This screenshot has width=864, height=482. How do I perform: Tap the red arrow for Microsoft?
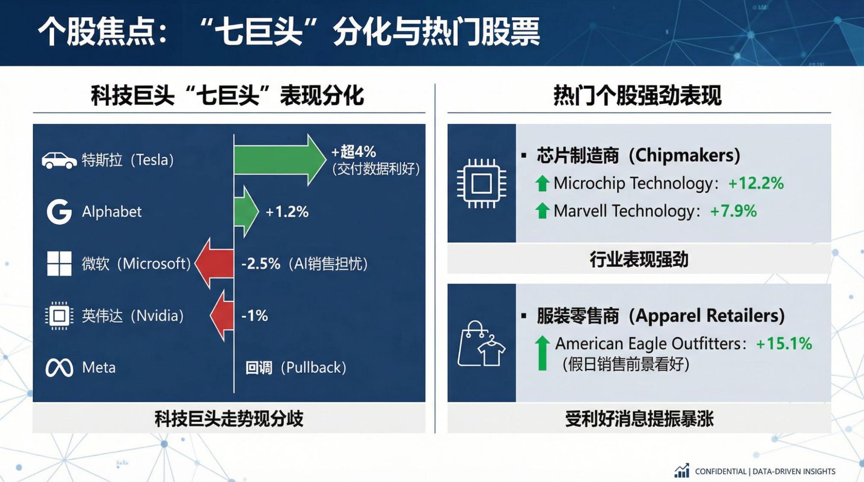click(214, 263)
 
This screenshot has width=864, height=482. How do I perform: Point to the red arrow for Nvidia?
click(222, 315)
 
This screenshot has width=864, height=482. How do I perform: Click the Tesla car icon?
click(59, 160)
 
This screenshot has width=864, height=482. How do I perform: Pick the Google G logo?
click(59, 212)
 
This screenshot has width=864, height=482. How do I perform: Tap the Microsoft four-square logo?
click(59, 263)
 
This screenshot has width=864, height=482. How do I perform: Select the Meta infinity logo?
click(59, 368)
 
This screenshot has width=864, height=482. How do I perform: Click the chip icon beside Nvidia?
click(59, 316)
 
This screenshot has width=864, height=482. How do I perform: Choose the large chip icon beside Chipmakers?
click(481, 184)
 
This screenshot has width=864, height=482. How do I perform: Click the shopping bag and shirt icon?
click(481, 344)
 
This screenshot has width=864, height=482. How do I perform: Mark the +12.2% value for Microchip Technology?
click(756, 184)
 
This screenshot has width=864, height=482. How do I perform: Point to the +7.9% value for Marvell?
click(733, 211)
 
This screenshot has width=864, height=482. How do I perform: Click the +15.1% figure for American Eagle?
click(784, 344)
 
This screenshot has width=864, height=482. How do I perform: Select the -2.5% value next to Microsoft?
click(261, 263)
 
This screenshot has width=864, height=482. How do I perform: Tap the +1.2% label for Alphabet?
click(287, 212)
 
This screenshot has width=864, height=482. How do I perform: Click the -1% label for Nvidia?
click(255, 316)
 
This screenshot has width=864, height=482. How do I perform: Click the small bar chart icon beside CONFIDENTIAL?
click(682, 470)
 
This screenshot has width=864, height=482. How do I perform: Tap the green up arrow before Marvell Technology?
click(542, 211)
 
